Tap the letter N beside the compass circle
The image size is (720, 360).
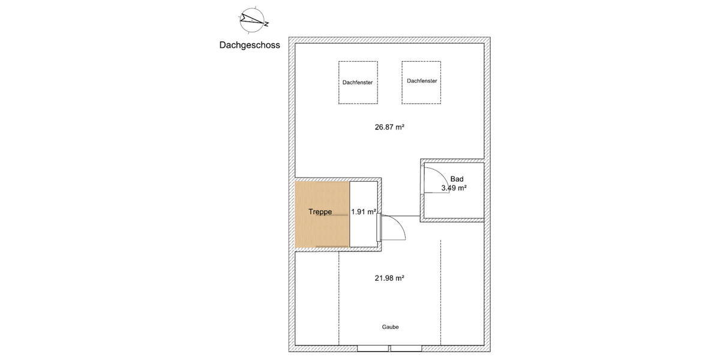pyautogui.click(x=266, y=24)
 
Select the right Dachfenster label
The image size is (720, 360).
pyautogui.click(x=421, y=81)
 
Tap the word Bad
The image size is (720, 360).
pyautogui.click(x=457, y=179)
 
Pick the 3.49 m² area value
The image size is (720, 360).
pyautogui.click(x=454, y=188)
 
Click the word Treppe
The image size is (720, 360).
pyautogui.click(x=320, y=212)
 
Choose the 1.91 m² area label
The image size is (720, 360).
pyautogui.click(x=364, y=212)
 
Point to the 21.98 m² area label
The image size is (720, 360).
pyautogui.click(x=389, y=278)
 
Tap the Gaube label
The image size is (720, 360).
pyautogui.click(x=390, y=327)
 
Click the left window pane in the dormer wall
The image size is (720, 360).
pyautogui.click(x=373, y=348)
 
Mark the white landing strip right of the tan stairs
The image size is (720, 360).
pyautogui.click(x=364, y=231)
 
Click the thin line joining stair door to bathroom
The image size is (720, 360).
pyautogui.click(x=405, y=215)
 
